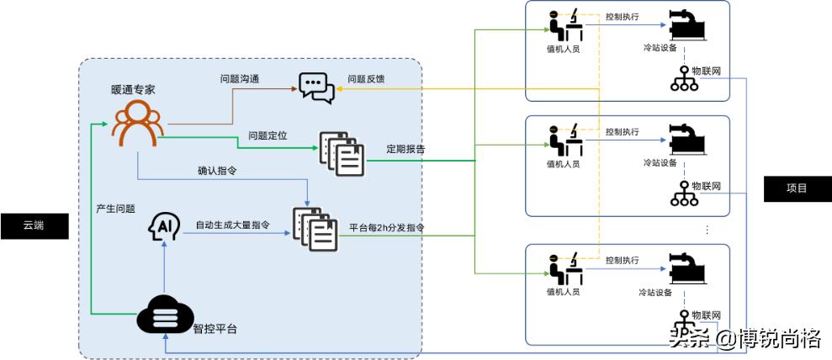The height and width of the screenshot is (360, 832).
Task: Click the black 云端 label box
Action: [34, 226]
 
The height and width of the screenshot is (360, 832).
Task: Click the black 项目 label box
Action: [797, 188]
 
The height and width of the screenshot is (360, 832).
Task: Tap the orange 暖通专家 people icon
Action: [139, 123]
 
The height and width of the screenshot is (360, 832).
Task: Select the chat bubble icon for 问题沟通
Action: [316, 87]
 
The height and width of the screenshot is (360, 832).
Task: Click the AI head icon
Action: [164, 227]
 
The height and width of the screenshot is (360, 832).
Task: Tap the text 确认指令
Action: [217, 171]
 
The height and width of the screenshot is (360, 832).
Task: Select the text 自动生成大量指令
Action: [233, 225]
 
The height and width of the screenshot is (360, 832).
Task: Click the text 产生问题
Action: [115, 208]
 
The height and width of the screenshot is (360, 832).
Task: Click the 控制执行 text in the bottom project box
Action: [623, 261]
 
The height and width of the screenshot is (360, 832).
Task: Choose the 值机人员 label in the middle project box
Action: [563, 164]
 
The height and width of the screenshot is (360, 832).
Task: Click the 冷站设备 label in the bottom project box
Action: [656, 293]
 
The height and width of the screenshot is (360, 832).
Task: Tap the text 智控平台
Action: [215, 330]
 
